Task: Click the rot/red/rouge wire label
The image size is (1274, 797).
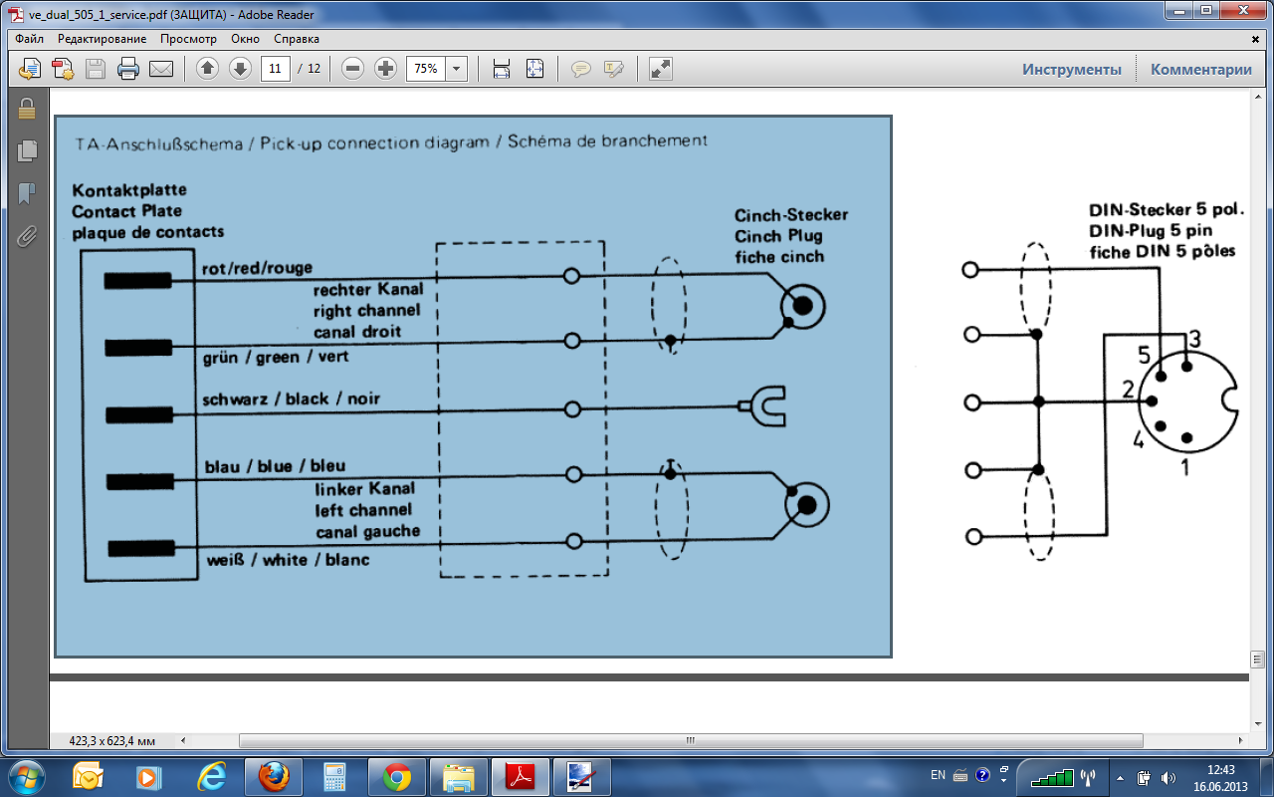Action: tap(258, 268)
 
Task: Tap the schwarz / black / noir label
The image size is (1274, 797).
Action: tap(291, 399)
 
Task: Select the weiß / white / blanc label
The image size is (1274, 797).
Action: tap(288, 560)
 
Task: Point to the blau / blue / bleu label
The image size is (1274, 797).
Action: tap(275, 466)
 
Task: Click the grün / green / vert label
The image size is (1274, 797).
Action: tap(275, 357)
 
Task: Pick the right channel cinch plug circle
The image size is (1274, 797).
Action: tap(802, 305)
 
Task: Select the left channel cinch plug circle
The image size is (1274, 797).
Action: tap(807, 506)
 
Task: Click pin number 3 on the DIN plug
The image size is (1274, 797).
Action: tap(1194, 340)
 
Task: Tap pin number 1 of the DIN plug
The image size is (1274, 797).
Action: tap(1184, 466)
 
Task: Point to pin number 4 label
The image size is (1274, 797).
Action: tap(1138, 439)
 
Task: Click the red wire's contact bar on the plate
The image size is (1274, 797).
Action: tap(137, 281)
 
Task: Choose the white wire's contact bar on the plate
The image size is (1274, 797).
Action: tap(139, 548)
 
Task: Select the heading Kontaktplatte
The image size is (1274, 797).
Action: tap(128, 189)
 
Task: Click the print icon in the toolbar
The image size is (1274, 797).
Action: tap(128, 69)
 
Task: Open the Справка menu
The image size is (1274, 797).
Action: tap(297, 39)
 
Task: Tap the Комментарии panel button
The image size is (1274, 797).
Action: tap(1200, 69)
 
